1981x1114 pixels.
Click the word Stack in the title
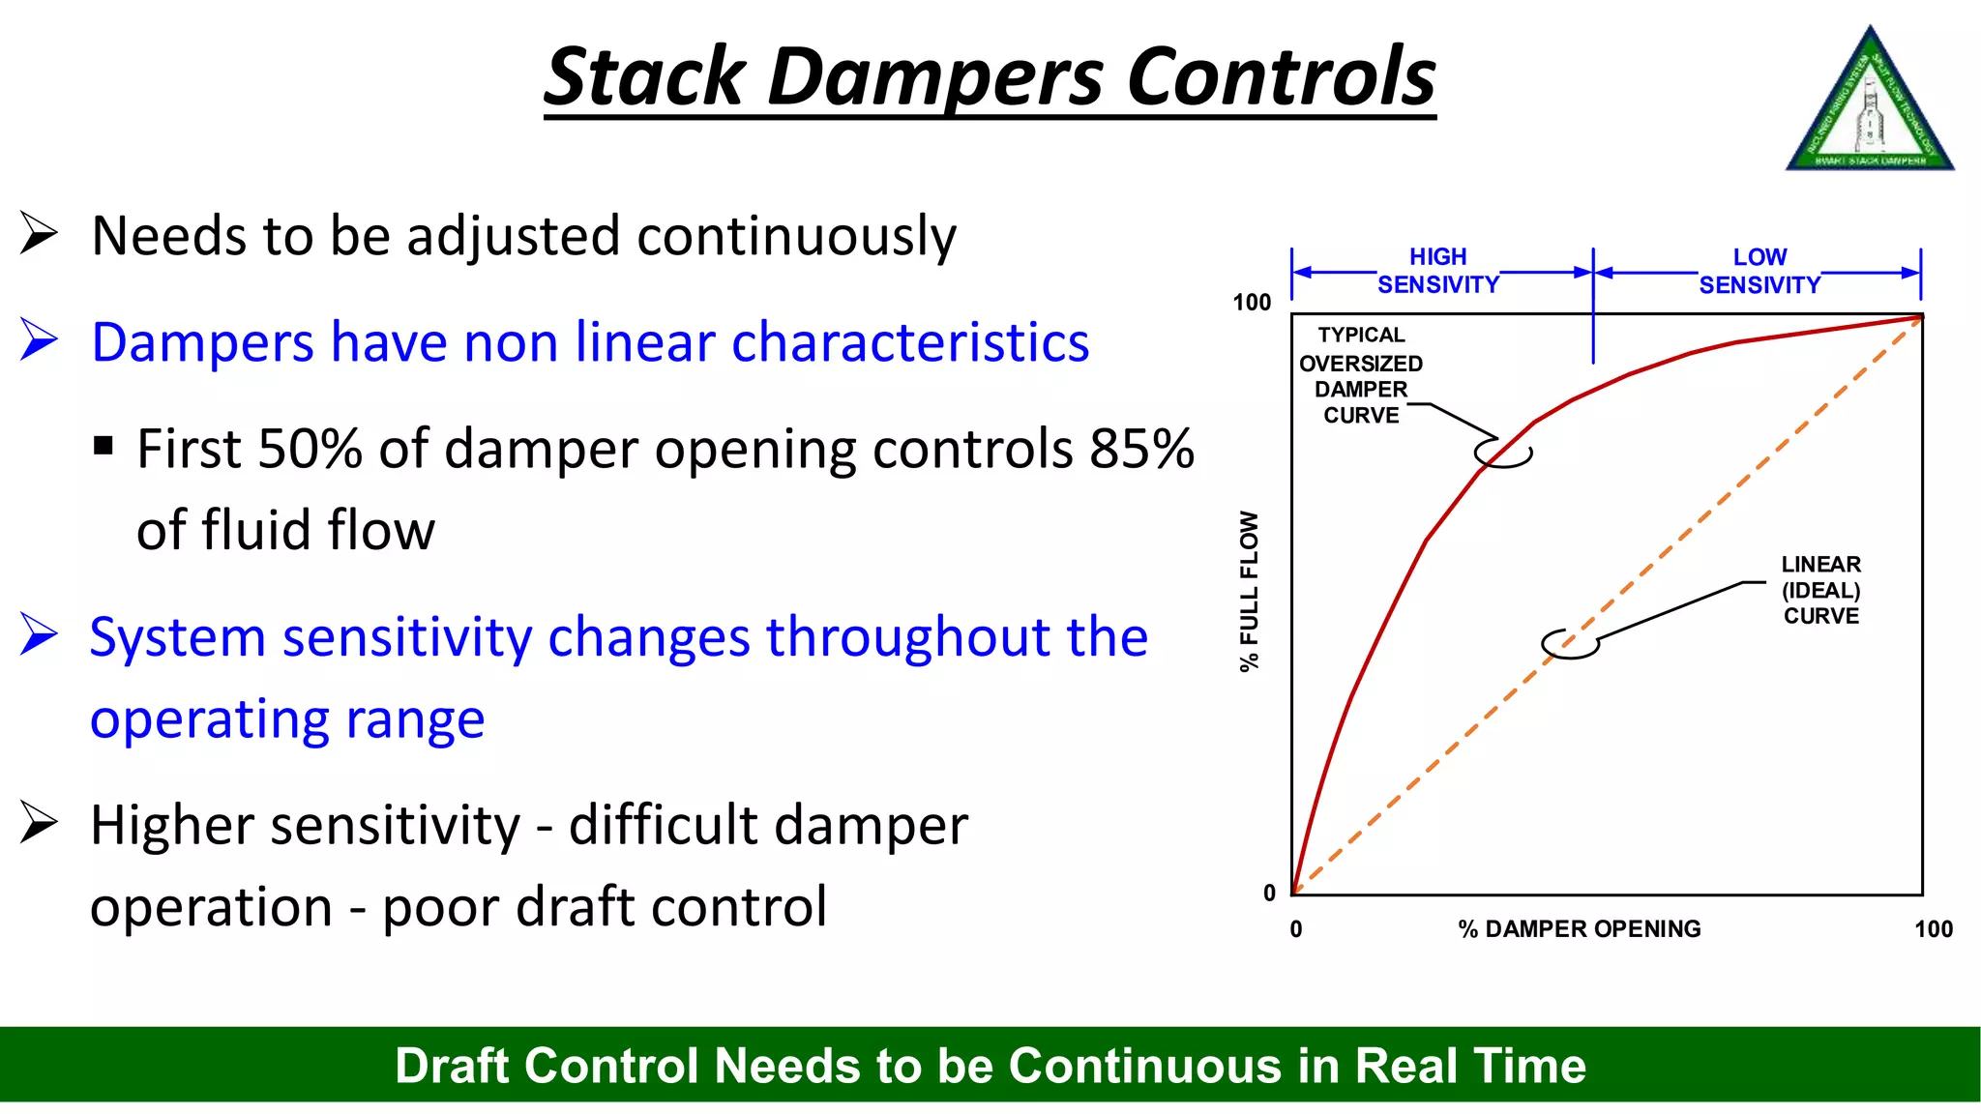643,77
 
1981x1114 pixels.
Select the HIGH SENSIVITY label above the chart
1437,271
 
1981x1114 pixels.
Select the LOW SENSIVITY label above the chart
1759,272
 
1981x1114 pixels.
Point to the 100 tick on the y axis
1251,303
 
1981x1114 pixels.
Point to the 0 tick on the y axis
1269,893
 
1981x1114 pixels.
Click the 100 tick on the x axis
1933,929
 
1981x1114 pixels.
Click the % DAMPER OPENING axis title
1579,929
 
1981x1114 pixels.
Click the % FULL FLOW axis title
1250,591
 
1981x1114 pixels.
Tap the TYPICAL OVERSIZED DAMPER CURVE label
1361,375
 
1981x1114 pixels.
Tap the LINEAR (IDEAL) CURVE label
1820,590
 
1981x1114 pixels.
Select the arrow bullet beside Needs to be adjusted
39,234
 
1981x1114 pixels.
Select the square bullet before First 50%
103,447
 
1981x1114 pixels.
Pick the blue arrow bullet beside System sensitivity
39,635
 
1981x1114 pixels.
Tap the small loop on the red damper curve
1503,453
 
